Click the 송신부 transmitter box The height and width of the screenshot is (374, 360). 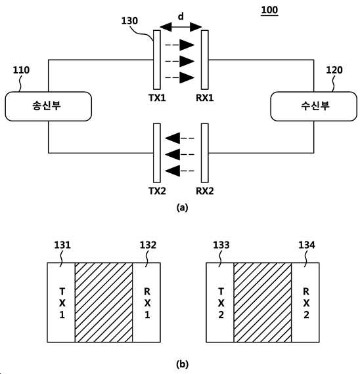(x=48, y=106)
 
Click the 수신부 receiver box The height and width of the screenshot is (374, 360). (x=313, y=106)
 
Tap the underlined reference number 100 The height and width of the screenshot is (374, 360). (x=269, y=10)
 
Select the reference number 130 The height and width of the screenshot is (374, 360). (x=129, y=21)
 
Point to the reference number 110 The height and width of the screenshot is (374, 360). (x=21, y=70)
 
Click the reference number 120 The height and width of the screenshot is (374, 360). (x=334, y=70)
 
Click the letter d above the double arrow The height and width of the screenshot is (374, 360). (x=181, y=16)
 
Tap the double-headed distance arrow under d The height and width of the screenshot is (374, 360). (x=181, y=27)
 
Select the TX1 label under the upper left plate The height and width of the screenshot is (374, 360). (x=157, y=98)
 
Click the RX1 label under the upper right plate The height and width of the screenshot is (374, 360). (x=205, y=98)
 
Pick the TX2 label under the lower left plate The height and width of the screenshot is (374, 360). (x=157, y=191)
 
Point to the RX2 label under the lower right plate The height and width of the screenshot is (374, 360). (x=205, y=191)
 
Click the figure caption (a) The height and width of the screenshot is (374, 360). (x=182, y=207)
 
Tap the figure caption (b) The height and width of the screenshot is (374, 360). (x=182, y=364)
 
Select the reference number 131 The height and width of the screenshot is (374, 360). (x=62, y=245)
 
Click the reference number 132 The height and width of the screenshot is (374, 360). (x=148, y=245)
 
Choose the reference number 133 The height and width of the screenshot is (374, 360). (x=221, y=245)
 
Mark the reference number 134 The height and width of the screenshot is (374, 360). (x=307, y=245)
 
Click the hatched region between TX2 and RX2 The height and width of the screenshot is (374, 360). (x=263, y=302)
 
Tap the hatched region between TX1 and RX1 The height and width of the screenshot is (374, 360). (x=104, y=302)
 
